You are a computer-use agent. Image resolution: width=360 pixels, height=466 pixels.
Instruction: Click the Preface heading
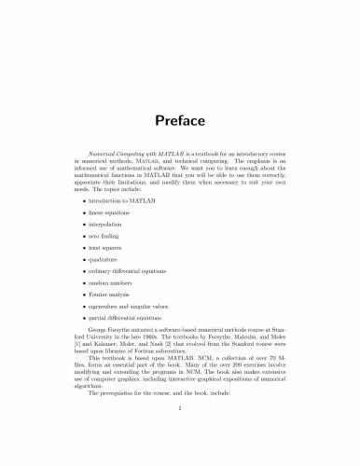coord(180,122)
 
